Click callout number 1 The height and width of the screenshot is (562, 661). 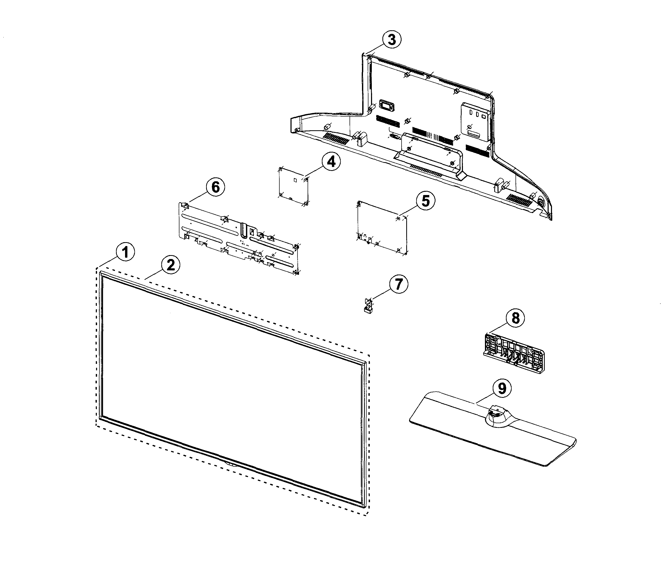[125, 252]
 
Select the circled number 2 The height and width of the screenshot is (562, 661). [171, 265]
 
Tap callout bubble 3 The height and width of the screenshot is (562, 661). [392, 40]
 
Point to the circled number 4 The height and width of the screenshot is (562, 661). [331, 162]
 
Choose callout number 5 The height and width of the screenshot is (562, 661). [426, 201]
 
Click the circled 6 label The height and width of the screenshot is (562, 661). [215, 187]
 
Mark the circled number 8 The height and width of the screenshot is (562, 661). [515, 318]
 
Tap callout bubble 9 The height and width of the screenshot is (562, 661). [502, 388]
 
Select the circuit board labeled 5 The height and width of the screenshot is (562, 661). [382, 227]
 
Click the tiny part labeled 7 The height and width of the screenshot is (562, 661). [368, 306]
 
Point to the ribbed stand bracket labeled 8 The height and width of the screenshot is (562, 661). [514, 353]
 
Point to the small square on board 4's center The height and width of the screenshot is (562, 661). [295, 180]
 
